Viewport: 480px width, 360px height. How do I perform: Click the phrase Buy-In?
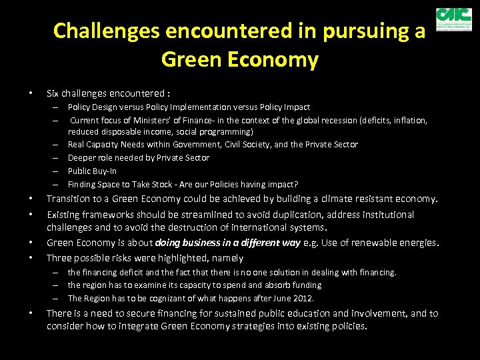pyautogui.click(x=105, y=171)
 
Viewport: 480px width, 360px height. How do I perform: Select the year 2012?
pyautogui.click(x=302, y=298)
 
